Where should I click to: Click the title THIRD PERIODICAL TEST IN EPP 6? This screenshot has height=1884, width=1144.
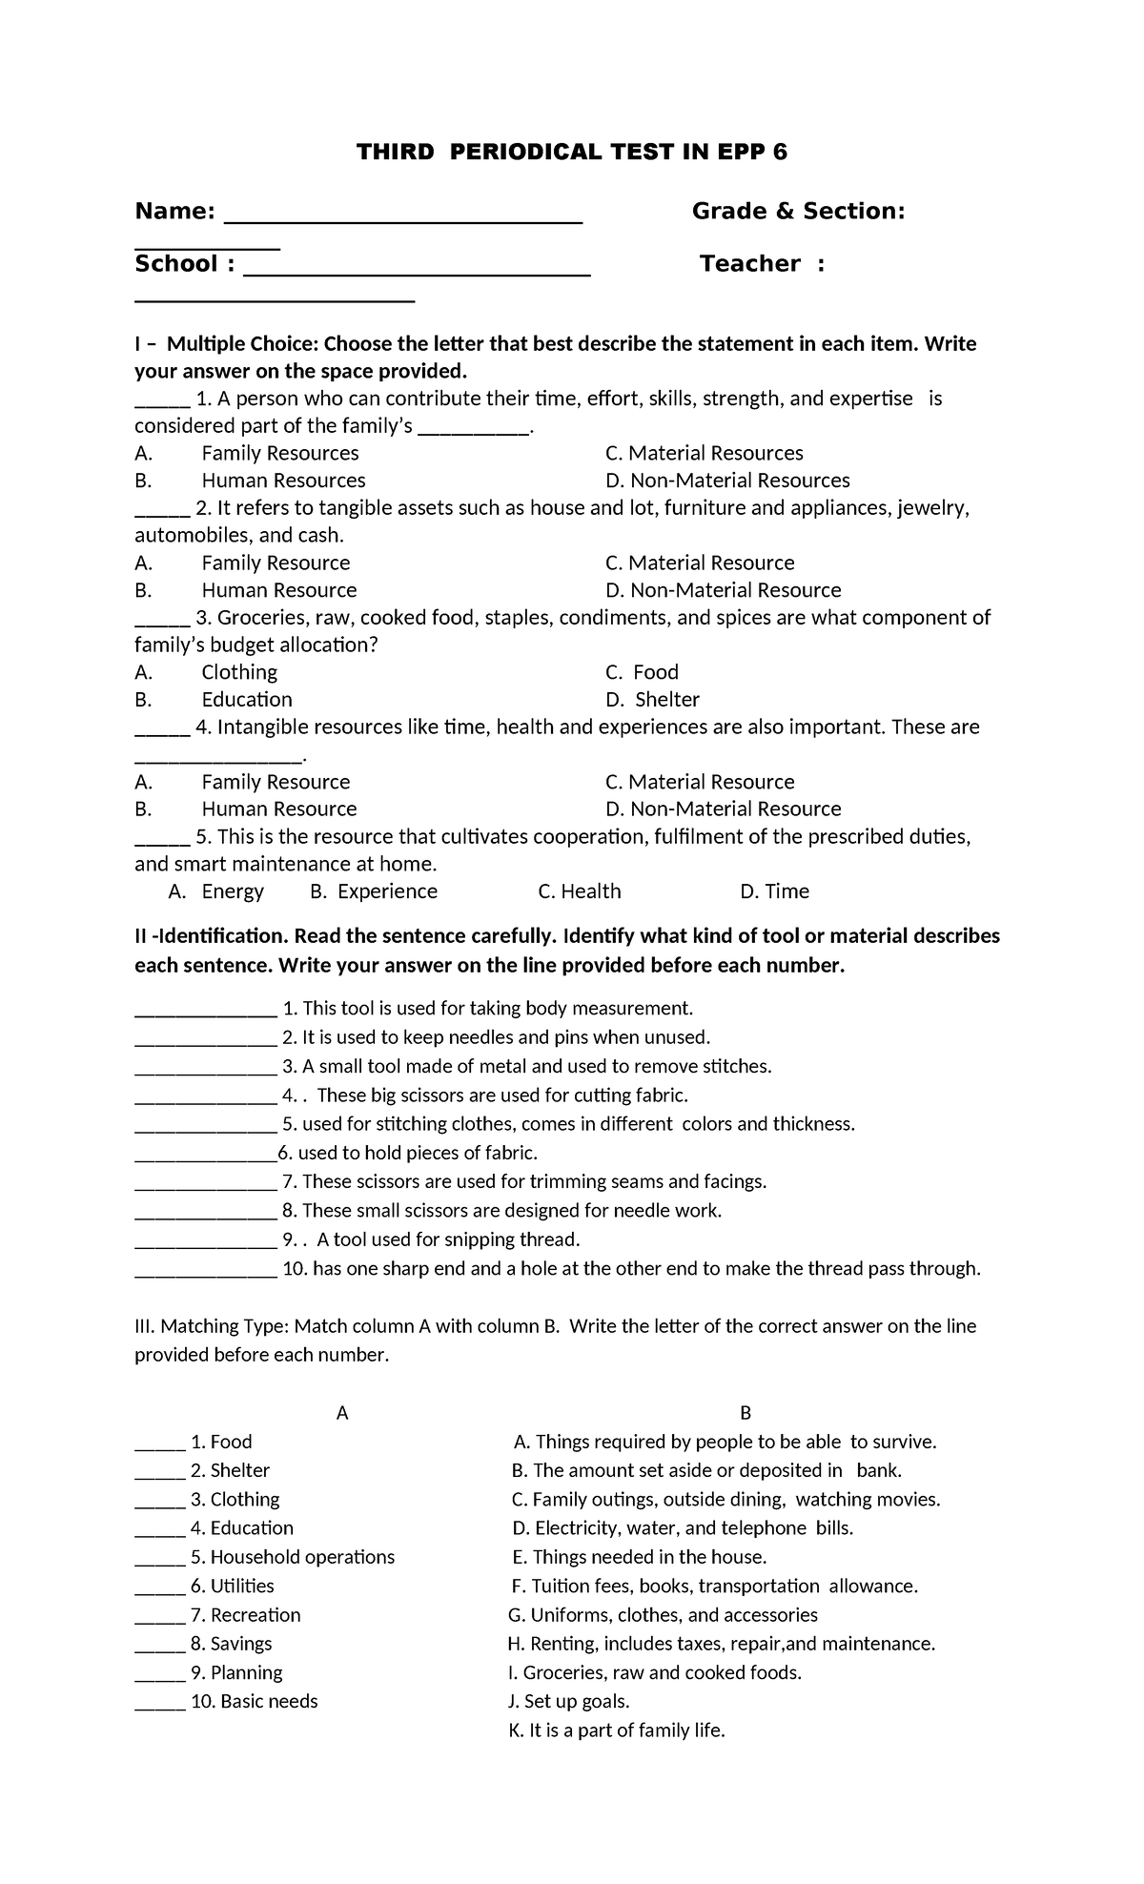point(571,152)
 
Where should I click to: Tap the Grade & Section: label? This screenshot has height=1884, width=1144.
point(798,211)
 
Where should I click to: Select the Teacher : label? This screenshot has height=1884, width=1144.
point(762,264)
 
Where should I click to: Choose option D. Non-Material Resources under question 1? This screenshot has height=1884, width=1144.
point(727,481)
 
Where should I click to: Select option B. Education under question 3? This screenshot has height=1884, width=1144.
point(214,700)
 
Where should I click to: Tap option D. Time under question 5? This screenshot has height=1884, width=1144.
point(774,891)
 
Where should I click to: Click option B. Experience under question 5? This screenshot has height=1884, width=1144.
point(374,891)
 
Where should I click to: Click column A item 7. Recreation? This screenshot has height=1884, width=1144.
point(245,1615)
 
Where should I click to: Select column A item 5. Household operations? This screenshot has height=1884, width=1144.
point(292,1557)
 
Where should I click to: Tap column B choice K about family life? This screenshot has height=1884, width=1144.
point(618,1730)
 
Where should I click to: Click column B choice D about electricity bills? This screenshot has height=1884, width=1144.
point(682,1528)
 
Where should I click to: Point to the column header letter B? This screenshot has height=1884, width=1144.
point(746,1413)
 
